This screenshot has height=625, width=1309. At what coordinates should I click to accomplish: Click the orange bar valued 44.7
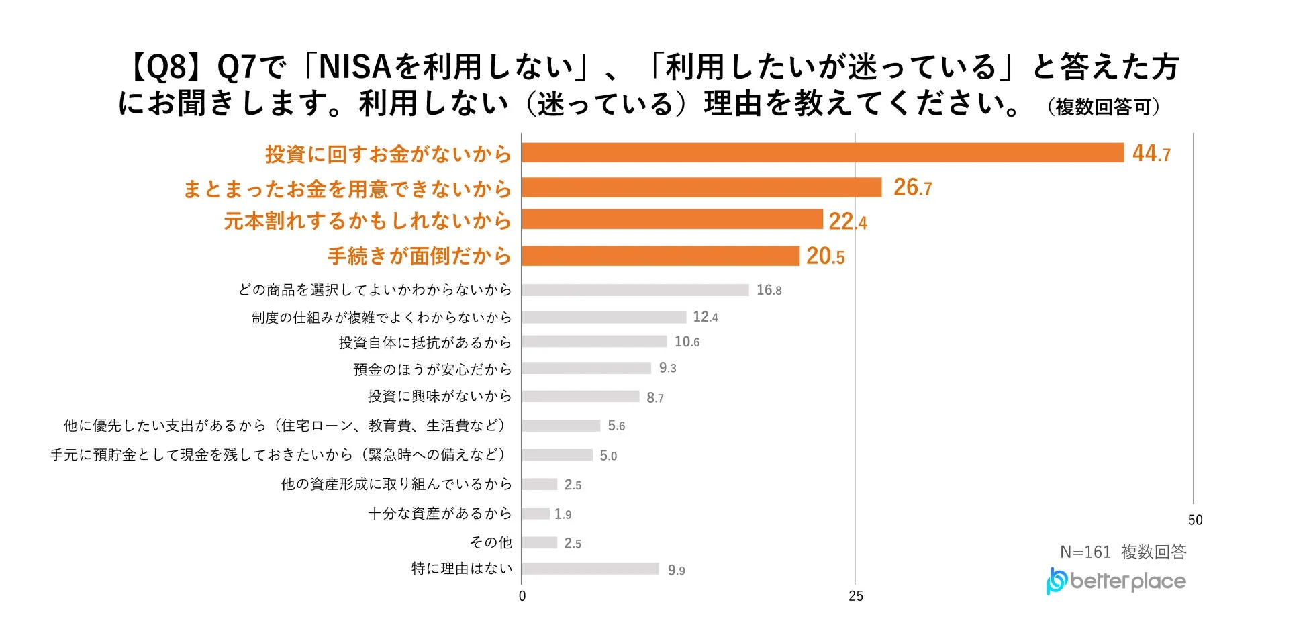pos(822,153)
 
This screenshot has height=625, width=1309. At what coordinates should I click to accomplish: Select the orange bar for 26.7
pos(701,187)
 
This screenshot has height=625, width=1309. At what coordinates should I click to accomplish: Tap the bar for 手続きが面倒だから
pos(661,256)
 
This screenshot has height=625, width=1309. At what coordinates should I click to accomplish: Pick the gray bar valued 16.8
pos(635,290)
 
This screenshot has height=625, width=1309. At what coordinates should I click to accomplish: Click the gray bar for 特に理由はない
pos(590,569)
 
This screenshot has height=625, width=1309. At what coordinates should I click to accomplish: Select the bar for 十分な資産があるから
pos(536,514)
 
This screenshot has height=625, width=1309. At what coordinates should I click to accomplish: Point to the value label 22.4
pos(847,221)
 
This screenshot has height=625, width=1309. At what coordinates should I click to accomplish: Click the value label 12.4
pos(706,317)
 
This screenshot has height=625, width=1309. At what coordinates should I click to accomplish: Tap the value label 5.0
pos(608,456)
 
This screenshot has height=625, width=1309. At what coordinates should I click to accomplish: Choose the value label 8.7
pos(655,397)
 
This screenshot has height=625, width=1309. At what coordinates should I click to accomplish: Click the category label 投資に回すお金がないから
pos(388,154)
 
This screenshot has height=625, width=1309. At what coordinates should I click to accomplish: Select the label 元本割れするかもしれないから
pos(367,221)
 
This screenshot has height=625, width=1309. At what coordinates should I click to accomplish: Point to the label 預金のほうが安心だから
pos(432,369)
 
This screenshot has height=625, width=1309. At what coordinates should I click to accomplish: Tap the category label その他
pos(491,542)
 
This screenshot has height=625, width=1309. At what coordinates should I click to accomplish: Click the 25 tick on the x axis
pos(855,596)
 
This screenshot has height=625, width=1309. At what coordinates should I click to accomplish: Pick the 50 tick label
pos(1195,520)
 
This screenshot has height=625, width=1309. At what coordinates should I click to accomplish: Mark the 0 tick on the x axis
pos(522,596)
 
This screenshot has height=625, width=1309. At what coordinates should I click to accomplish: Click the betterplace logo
pos(1116,581)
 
